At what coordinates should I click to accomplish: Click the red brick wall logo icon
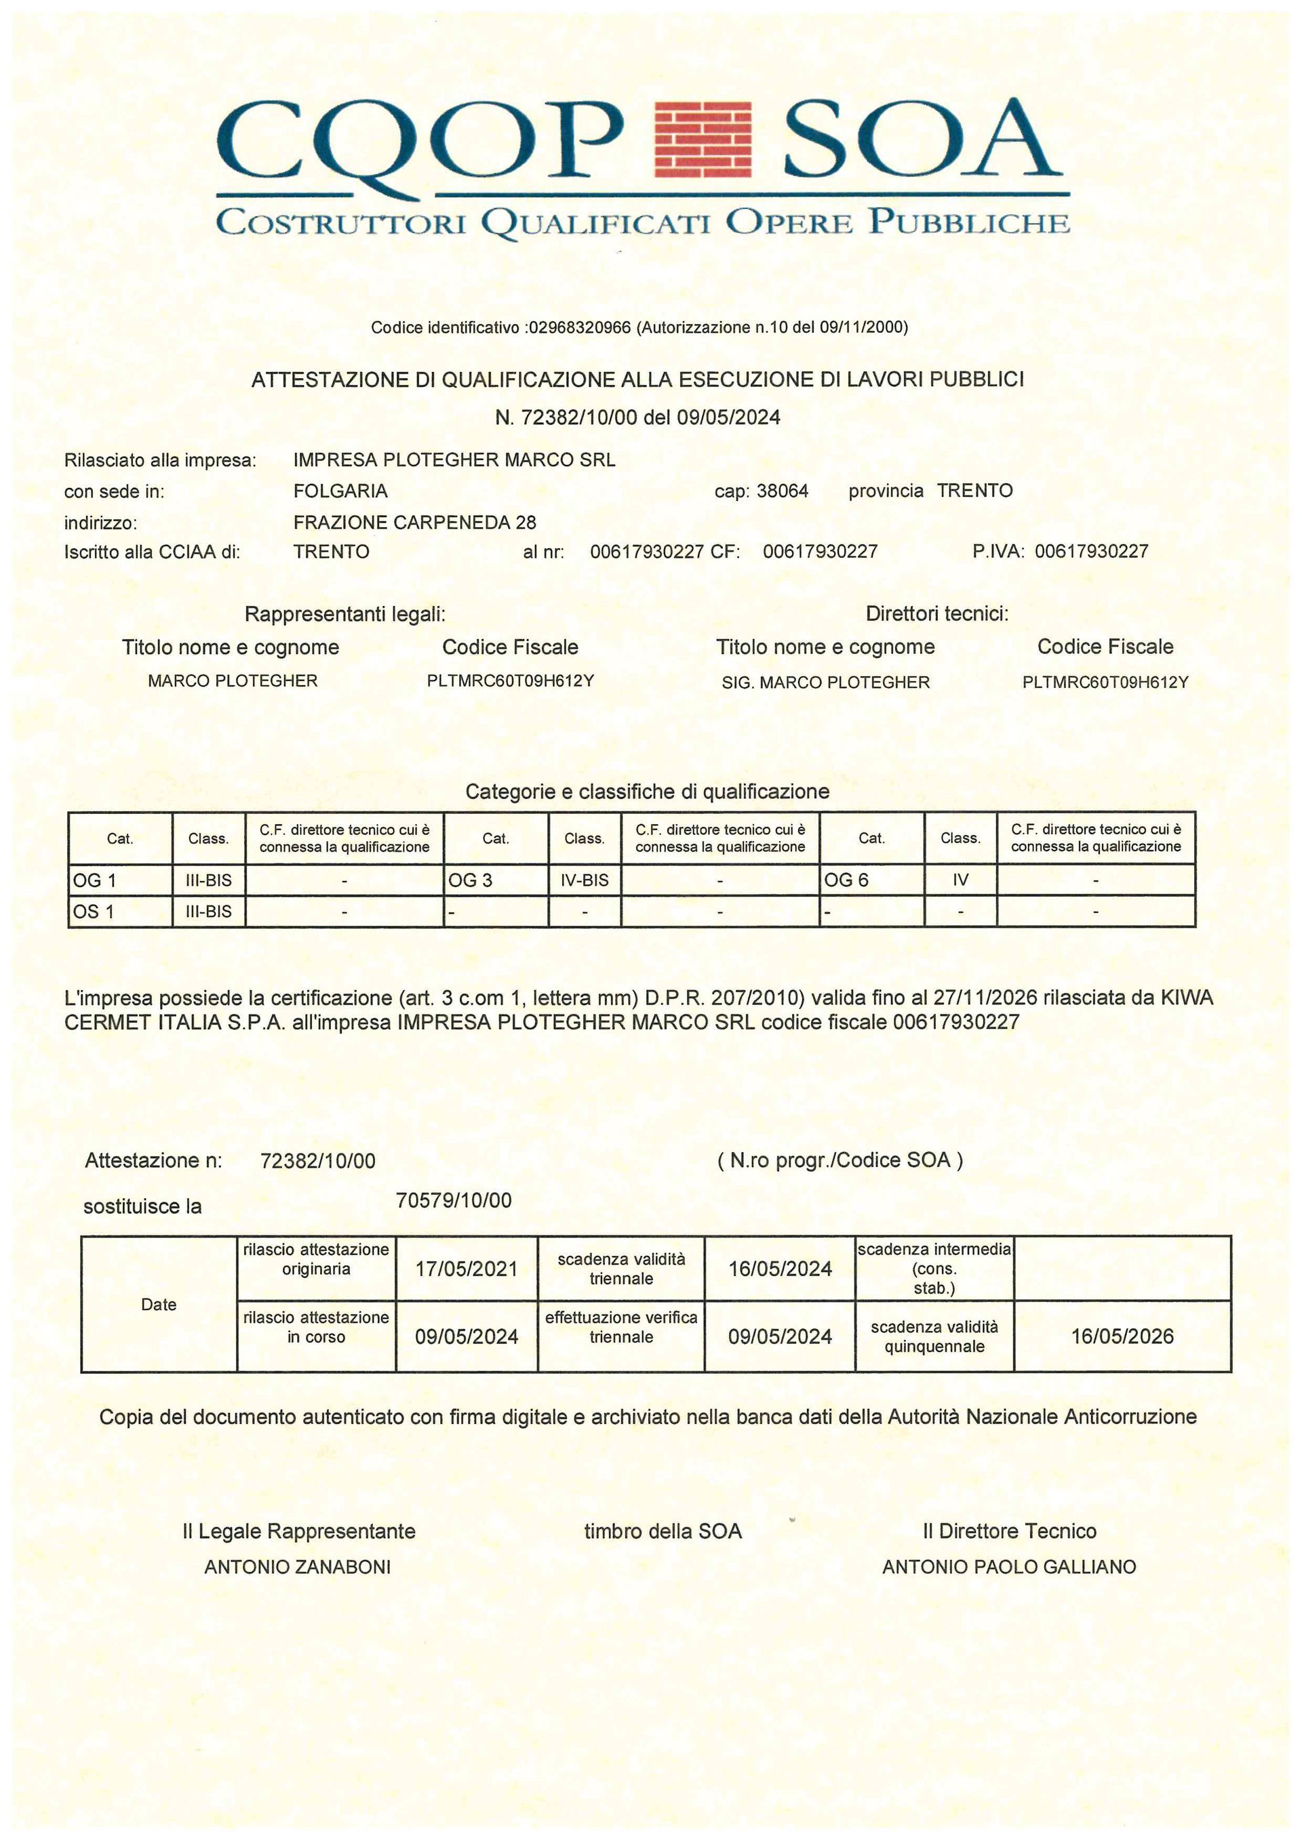pos(703,139)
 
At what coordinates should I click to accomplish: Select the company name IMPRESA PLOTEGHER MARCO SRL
pos(454,460)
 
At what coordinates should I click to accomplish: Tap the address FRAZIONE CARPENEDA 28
pos(414,523)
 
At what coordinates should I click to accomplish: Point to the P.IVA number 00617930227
pos(1091,552)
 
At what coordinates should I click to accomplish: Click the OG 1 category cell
pos(120,880)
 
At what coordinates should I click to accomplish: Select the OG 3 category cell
pos(496,880)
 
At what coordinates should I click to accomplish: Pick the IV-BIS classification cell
pos(585,880)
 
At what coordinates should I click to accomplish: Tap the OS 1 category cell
pos(120,911)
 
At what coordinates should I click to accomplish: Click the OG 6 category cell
pos(871,880)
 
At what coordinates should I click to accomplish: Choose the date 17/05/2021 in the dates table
pos(466,1269)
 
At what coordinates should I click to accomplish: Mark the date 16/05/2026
pos(1122,1336)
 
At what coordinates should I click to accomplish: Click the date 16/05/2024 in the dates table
pos(779,1269)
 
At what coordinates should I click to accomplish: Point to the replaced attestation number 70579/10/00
pos(453,1200)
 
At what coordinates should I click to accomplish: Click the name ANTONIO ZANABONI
pos(298,1567)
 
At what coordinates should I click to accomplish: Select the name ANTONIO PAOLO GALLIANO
pos(1008,1567)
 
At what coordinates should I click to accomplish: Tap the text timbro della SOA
pos(663,1532)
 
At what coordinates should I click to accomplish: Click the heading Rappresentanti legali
pos(344,615)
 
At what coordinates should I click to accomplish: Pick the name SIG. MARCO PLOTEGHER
pos(825,682)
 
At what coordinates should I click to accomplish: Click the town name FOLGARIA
pos(340,491)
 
